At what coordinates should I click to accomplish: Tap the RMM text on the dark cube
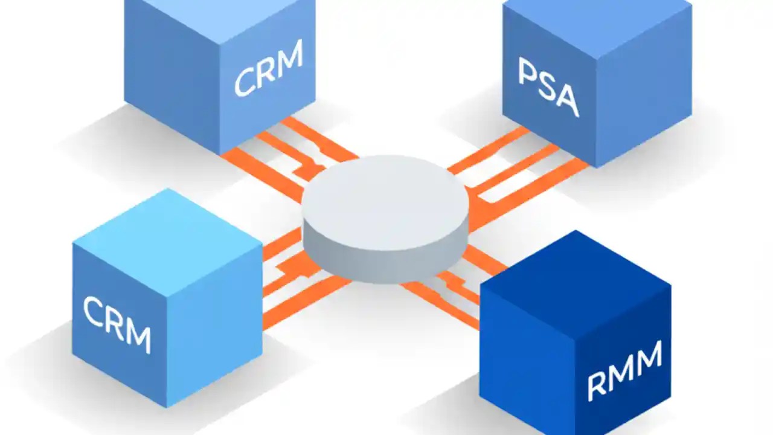[x=625, y=370]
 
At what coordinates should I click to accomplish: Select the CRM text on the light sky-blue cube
[x=117, y=324]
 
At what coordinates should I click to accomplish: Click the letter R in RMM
[x=597, y=387]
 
